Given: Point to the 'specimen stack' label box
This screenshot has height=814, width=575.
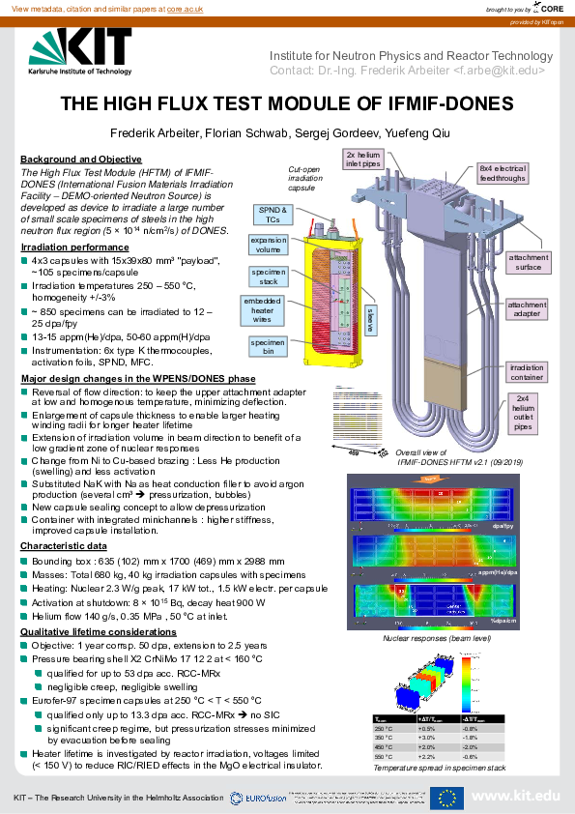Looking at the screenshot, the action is pos(269,278).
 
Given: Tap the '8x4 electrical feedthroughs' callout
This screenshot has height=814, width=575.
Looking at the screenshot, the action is pos(503,174).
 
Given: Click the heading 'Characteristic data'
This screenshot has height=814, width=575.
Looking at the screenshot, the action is pos(65,546).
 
